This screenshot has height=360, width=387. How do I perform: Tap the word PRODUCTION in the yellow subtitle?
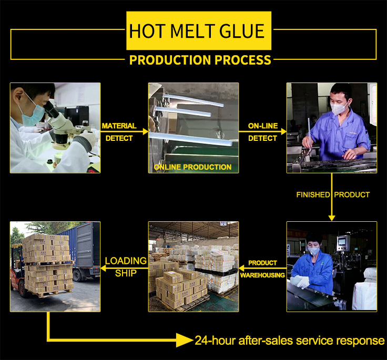pyautogui.click(x=170, y=60)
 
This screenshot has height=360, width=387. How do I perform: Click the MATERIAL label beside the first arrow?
pyautogui.click(x=119, y=126)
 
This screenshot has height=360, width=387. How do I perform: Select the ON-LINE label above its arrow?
pyautogui.click(x=263, y=126)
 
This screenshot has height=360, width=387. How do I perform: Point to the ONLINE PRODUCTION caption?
pyautogui.click(x=193, y=167)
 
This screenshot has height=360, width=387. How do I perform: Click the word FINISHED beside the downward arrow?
pyautogui.click(x=313, y=194)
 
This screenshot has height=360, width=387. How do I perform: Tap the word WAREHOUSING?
pyautogui.click(x=262, y=275)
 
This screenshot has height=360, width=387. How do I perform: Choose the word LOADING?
pyautogui.click(x=126, y=261)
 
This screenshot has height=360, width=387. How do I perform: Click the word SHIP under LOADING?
pyautogui.click(x=126, y=273)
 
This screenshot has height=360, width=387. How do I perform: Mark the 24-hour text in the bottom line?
pyautogui.click(x=215, y=341)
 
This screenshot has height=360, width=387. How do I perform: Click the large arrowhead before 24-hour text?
pyautogui.click(x=185, y=340)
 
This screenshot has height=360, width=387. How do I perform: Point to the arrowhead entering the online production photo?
pyautogui.click(x=145, y=131)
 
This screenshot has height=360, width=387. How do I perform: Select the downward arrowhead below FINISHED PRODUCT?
pyautogui.click(x=332, y=218)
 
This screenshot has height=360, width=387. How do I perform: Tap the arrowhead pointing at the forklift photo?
pyautogui.click(x=103, y=268)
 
